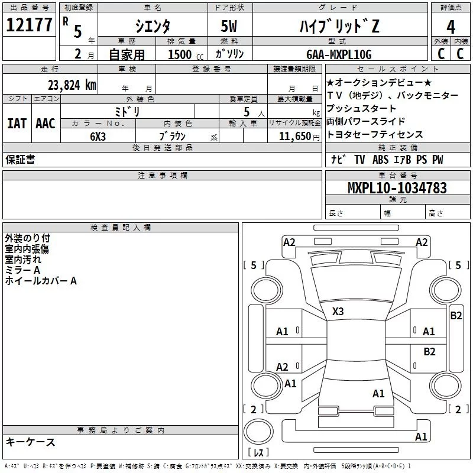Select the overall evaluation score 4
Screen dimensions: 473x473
coord(451,26)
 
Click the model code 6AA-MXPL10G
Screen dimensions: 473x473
coord(339,54)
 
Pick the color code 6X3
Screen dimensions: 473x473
coord(98,136)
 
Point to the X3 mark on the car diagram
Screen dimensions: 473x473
coord(338,311)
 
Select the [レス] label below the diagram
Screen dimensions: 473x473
coord(258,453)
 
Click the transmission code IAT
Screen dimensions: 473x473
coord(17,123)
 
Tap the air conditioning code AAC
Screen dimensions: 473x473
coord(45,123)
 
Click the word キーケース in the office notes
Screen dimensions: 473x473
coord(30,442)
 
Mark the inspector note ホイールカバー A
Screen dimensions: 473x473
coord(41,281)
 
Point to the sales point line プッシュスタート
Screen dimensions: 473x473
coord(361,108)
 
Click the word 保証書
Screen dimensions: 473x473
coord(20,159)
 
